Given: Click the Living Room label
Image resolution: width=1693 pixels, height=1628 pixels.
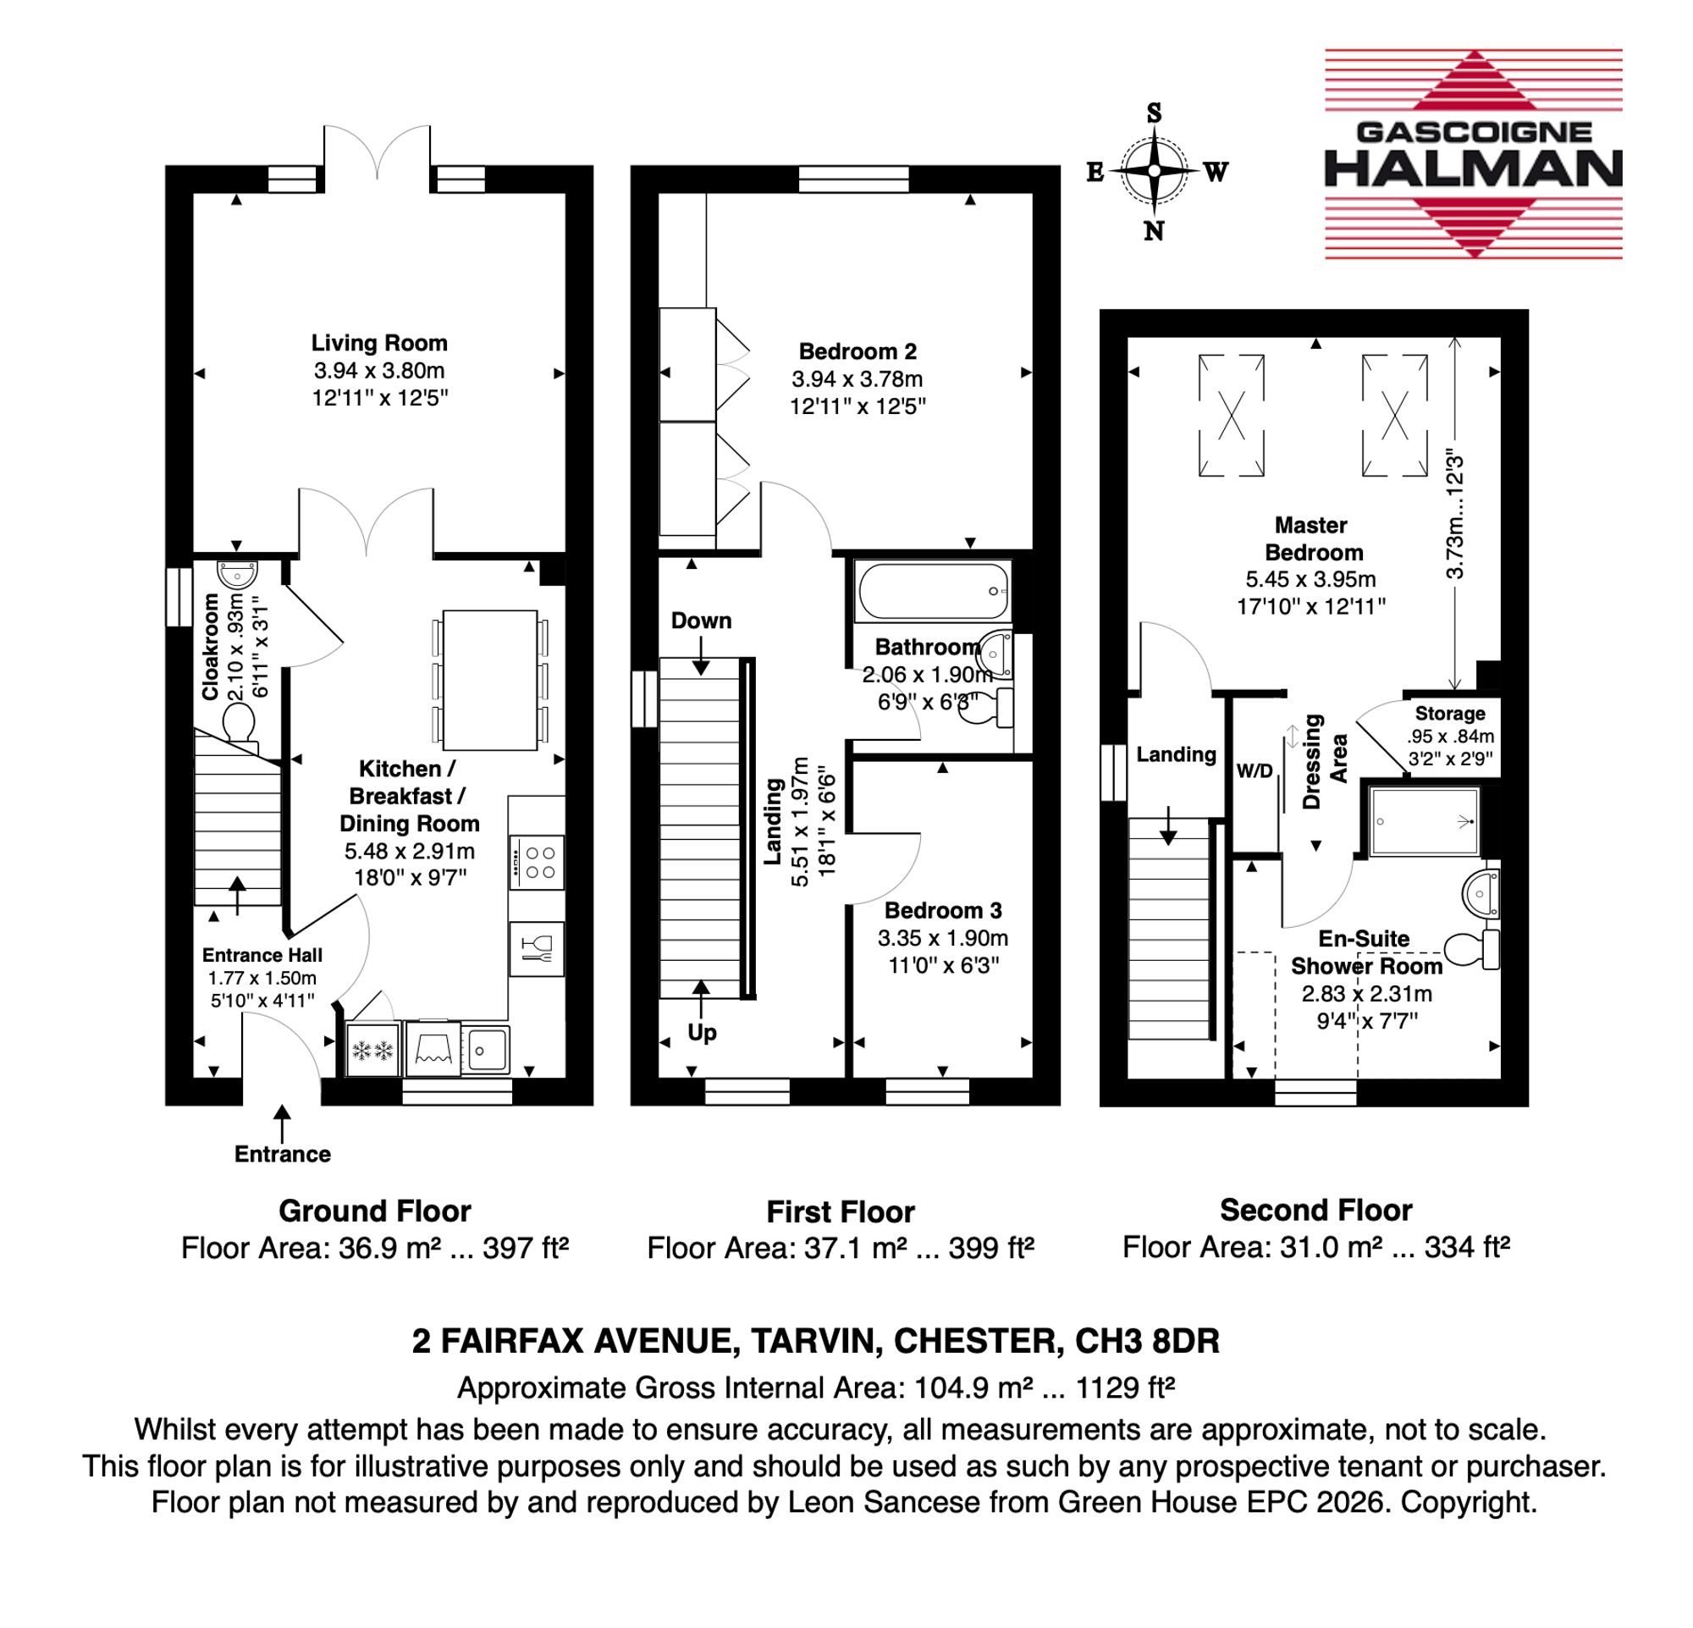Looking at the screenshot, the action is click(379, 343).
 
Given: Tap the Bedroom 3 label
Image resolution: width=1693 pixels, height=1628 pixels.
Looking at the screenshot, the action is click(943, 910).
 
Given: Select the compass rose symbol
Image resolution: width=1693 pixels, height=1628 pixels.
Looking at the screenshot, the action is click(1155, 171).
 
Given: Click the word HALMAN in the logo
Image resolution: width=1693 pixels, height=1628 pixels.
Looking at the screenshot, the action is click(1473, 168).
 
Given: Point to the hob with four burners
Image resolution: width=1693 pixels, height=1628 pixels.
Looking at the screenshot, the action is click(537, 862).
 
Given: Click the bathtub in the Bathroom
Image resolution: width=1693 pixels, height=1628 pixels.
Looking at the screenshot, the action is click(932, 592).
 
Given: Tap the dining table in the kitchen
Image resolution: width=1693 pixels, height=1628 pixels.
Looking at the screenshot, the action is click(490, 680).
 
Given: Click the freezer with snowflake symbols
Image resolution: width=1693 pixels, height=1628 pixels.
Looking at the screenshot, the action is click(373, 1051).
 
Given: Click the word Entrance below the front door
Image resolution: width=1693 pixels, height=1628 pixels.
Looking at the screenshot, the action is click(283, 1155).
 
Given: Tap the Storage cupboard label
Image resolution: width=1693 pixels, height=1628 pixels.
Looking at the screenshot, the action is click(1450, 715).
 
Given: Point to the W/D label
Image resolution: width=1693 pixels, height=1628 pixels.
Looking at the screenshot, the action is click(1255, 771).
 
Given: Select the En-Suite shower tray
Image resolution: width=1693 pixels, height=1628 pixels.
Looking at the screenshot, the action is click(1422, 821).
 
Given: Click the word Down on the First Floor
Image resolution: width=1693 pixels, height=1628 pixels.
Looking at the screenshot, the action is click(702, 621).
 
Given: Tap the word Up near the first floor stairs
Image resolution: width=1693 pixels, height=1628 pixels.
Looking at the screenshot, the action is click(703, 1033).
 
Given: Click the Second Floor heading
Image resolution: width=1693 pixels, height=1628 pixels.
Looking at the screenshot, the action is click(1315, 1211).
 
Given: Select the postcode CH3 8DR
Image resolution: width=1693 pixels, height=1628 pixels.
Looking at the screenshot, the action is click(1147, 1340).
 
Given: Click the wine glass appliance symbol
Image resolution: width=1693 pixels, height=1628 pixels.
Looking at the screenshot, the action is click(537, 949).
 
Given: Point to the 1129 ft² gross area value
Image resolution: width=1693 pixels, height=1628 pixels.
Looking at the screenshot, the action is click(1125, 1388).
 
